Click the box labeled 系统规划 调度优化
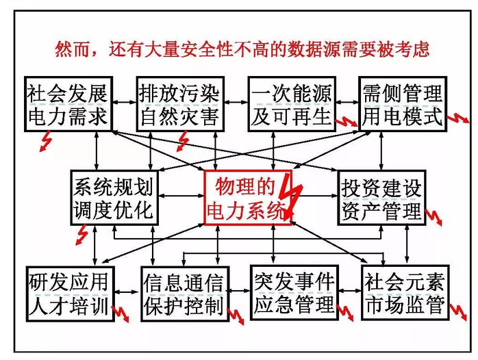(114, 197)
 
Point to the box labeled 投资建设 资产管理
(381, 197)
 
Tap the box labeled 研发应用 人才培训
(68, 292)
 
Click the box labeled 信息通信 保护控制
(183, 292)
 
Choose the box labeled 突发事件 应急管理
(294, 292)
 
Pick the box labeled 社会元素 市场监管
(405, 292)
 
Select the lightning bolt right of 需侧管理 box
(456, 122)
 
